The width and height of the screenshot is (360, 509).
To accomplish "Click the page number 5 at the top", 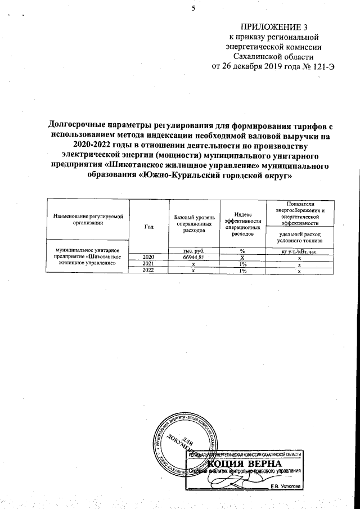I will coord(192,8).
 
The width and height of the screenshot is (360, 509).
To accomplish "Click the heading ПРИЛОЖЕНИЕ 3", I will coord(274,26).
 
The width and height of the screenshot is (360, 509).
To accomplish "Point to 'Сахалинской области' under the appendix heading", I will coord(274,56).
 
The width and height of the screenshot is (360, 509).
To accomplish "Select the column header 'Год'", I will coord(148,227).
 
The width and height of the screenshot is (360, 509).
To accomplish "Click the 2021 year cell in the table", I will coord(148,263).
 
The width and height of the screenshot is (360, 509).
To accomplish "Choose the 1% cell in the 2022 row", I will coord(241,270).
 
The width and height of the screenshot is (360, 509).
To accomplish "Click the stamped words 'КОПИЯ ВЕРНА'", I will coord(243,463).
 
